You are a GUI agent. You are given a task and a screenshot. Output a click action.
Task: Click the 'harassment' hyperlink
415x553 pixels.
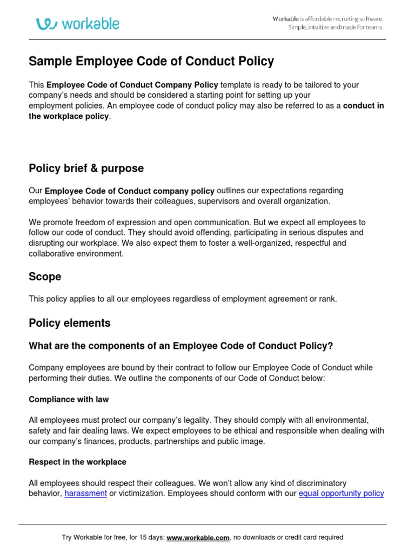[85, 494]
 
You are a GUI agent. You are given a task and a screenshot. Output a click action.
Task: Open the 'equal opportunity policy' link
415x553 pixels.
[341, 494]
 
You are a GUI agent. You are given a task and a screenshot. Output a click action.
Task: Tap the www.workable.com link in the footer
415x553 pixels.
[198, 537]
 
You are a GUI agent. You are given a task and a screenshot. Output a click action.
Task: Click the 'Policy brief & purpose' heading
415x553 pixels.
[86, 168]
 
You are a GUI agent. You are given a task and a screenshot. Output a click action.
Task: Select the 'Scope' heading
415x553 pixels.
[45, 276]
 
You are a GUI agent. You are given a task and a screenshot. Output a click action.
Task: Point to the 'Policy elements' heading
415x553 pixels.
[69, 323]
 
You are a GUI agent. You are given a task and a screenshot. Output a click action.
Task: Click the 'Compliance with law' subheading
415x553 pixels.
[69, 400]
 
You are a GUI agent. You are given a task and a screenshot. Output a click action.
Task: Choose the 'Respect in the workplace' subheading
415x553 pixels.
[77, 462]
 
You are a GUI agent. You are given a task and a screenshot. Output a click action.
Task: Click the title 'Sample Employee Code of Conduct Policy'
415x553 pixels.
[151, 62]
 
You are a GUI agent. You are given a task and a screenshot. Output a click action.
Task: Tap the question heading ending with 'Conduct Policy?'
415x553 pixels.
[180, 346]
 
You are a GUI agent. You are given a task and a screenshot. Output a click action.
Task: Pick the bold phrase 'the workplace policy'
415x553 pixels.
[69, 116]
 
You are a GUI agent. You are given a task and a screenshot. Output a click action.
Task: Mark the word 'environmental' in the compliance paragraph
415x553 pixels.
[344, 420]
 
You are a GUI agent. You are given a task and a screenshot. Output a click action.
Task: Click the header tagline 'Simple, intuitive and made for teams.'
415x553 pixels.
[335, 28]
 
